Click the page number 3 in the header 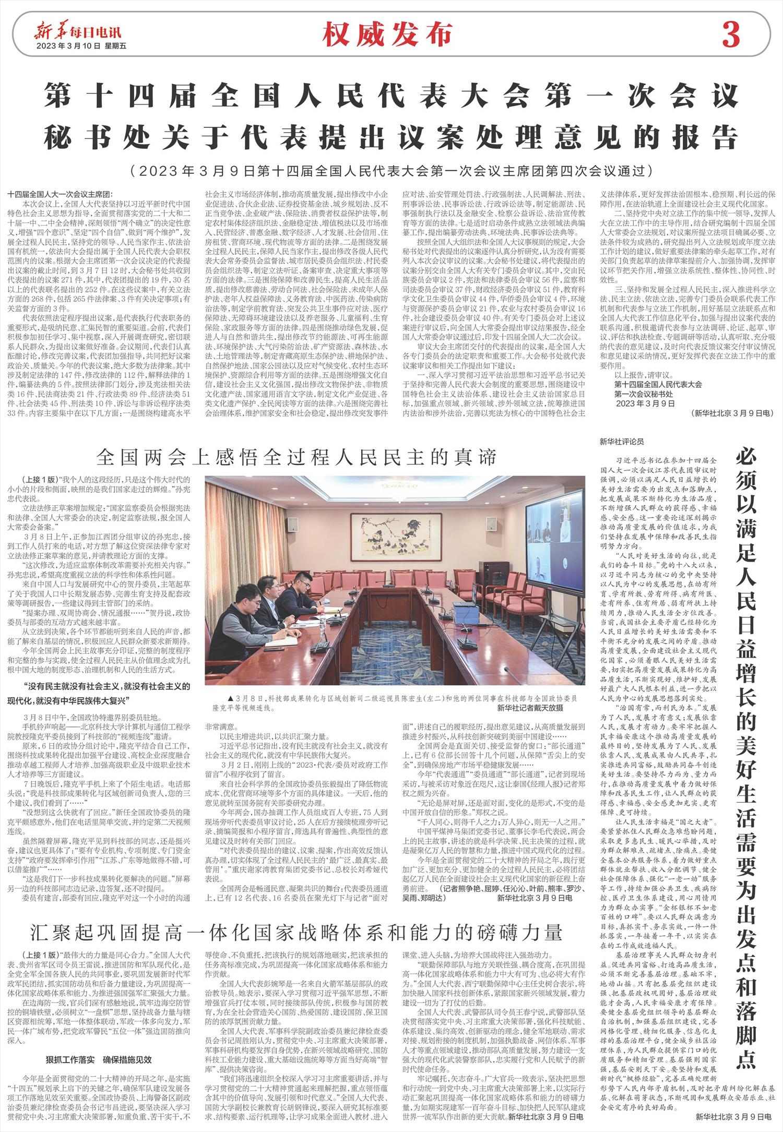tap(731, 35)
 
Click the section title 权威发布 tap(387, 35)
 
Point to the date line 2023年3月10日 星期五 tap(81, 46)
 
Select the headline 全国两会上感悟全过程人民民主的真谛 tap(295, 458)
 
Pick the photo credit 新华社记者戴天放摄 tap(530, 708)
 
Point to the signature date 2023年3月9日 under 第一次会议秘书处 tap(645, 403)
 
